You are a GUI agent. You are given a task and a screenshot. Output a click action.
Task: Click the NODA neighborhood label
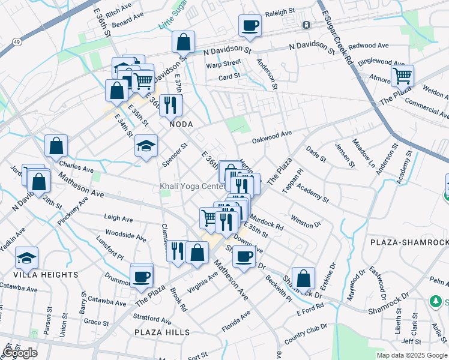pos(181,124)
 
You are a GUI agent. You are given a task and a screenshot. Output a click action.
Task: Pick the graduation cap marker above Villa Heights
pos(27,258)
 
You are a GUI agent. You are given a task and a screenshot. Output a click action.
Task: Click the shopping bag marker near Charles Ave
pos(56,146)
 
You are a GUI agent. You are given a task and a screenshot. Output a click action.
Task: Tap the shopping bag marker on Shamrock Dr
pos(304,278)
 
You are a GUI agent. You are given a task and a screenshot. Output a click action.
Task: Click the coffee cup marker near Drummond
pos(141,276)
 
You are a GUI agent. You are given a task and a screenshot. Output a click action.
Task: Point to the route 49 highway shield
pos(18,42)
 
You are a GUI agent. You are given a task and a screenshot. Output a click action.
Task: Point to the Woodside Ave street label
pos(125,235)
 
